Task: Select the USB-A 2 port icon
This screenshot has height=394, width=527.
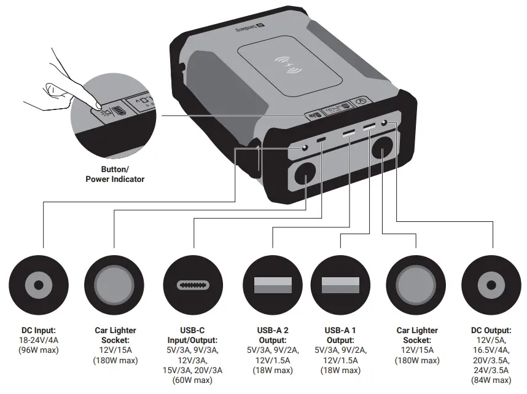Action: (273, 285)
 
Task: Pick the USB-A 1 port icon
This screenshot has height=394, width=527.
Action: (340, 285)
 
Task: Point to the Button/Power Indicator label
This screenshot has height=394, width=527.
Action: (114, 174)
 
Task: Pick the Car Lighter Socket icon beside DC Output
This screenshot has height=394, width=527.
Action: (416, 285)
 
